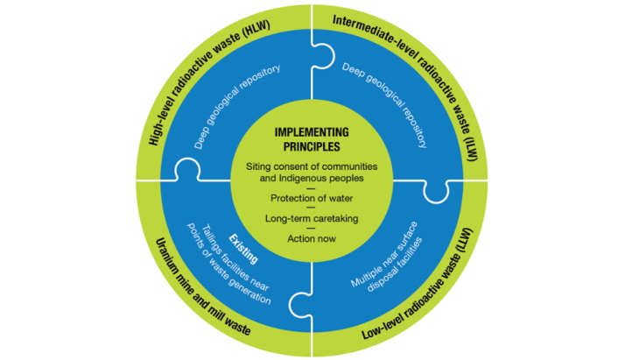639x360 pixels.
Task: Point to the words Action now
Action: [x=318, y=238]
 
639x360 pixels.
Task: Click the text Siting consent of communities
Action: [x=318, y=166]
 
